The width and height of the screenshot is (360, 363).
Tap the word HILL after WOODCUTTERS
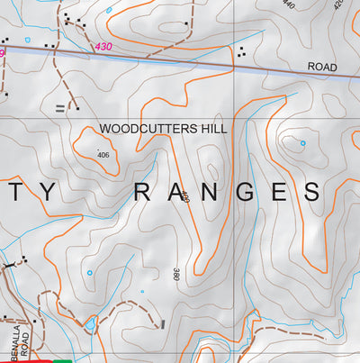(213, 129)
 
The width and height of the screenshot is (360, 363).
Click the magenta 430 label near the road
(103, 46)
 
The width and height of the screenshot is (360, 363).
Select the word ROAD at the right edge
(321, 67)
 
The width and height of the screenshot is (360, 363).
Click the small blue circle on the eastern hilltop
(302, 143)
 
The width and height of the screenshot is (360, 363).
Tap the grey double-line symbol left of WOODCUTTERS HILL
(60, 108)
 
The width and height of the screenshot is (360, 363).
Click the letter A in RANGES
(176, 192)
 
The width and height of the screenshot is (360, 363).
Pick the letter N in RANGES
(209, 192)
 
